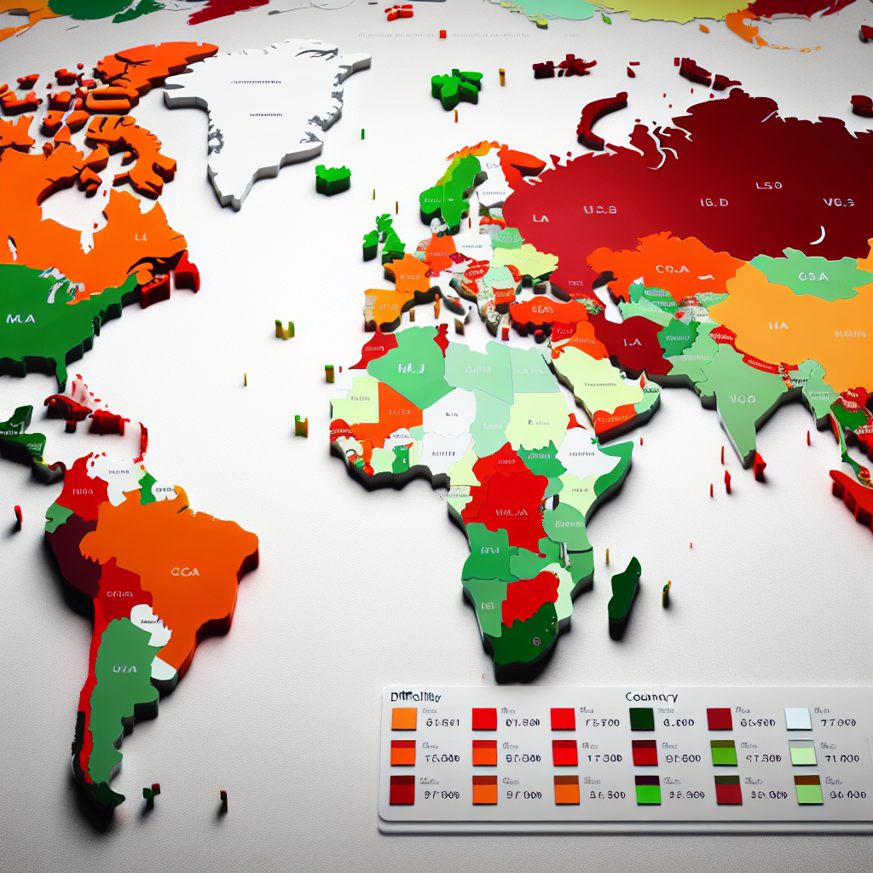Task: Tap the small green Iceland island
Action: (x=332, y=179)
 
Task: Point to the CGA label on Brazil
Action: (x=185, y=571)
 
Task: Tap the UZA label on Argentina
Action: (x=124, y=669)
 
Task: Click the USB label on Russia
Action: (x=599, y=209)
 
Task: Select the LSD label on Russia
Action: (x=767, y=184)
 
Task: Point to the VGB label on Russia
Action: (x=838, y=202)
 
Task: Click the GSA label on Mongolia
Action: (x=814, y=276)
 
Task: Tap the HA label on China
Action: (x=778, y=325)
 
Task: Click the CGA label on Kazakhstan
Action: (x=673, y=269)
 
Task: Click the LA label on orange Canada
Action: (x=141, y=238)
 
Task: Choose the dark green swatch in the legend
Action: (x=641, y=720)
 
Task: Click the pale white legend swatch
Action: (x=798, y=720)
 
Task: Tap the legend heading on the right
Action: (x=651, y=697)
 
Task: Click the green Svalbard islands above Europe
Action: (x=456, y=87)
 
